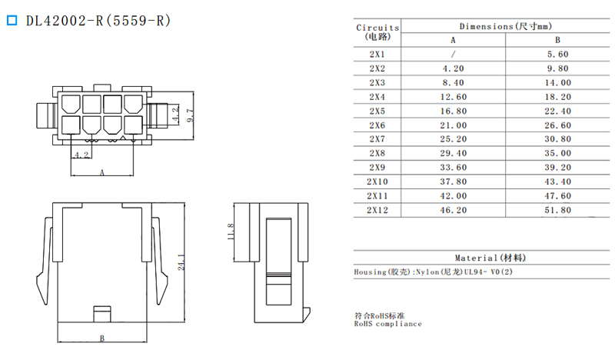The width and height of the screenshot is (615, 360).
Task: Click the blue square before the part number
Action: pos(12,20)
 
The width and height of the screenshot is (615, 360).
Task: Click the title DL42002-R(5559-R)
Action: pos(98,21)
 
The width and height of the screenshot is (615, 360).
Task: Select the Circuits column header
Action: pos(377,32)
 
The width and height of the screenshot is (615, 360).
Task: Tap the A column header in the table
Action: pos(453,40)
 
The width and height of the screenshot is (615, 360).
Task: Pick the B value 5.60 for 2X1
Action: pos(558,54)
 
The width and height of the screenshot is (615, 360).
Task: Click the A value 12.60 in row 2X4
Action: pos(454,97)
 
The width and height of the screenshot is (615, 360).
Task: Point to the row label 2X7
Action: pos(377,139)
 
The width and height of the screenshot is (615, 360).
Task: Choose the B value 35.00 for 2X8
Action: pos(558,153)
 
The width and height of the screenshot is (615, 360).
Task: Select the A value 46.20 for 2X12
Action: pos(454,210)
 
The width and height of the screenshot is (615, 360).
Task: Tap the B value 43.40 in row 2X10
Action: pos(558,182)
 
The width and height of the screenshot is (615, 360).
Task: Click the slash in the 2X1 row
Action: pos(453,54)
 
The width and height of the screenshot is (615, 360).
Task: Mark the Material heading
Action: pos(490,258)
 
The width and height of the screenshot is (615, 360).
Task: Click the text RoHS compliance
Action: pos(388,324)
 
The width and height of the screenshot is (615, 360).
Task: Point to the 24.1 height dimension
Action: pos(181,262)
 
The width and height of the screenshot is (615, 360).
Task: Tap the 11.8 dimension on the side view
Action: pos(230,232)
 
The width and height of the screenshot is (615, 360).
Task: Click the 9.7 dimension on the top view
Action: pos(190,115)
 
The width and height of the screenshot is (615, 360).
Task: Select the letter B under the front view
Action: pos(102,338)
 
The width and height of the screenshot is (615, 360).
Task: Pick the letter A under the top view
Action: pos(102,172)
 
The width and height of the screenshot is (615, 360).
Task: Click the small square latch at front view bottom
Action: pos(102,314)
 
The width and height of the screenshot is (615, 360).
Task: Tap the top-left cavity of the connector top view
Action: pos(71,104)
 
